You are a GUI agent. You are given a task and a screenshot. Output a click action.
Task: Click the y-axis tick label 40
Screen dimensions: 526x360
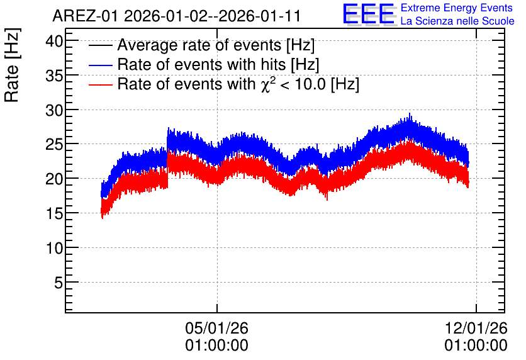(54, 42)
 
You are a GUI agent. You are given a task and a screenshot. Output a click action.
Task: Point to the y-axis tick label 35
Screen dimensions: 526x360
(54, 76)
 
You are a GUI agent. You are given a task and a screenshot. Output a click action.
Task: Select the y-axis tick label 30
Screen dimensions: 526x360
(54, 110)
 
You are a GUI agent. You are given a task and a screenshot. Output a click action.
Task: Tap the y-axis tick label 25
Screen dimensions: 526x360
(54, 145)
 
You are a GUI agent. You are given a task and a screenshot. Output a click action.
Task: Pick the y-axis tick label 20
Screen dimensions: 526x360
(54, 179)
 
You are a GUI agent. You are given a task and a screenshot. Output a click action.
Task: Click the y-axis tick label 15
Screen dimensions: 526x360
(54, 214)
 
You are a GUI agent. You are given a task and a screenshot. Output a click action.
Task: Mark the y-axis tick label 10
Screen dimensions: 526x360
(54, 249)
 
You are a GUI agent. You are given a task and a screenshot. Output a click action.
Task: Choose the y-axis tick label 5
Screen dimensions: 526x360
(59, 283)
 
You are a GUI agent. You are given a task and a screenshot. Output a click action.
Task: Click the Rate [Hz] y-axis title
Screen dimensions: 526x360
(12, 65)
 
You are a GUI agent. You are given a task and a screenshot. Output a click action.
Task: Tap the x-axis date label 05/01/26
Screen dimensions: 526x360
(216, 328)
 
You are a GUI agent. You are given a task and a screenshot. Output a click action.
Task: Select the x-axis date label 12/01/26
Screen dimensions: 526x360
(476, 328)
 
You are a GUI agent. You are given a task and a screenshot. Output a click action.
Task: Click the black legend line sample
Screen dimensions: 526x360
(100, 45)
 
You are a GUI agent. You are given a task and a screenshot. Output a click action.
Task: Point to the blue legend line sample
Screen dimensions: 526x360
(100, 65)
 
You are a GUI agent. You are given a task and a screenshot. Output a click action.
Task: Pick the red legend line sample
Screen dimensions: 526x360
(100, 84)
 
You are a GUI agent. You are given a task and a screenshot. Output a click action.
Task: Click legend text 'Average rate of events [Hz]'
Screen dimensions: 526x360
(216, 45)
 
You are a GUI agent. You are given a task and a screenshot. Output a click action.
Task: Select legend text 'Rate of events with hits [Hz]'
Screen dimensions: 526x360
(218, 65)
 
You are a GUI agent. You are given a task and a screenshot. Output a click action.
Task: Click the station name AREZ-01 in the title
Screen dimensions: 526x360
(85, 16)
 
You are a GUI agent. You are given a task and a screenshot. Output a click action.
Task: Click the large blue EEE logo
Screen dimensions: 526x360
(369, 14)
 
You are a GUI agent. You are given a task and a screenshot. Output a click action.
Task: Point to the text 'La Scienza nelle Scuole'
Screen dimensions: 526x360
(457, 21)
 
